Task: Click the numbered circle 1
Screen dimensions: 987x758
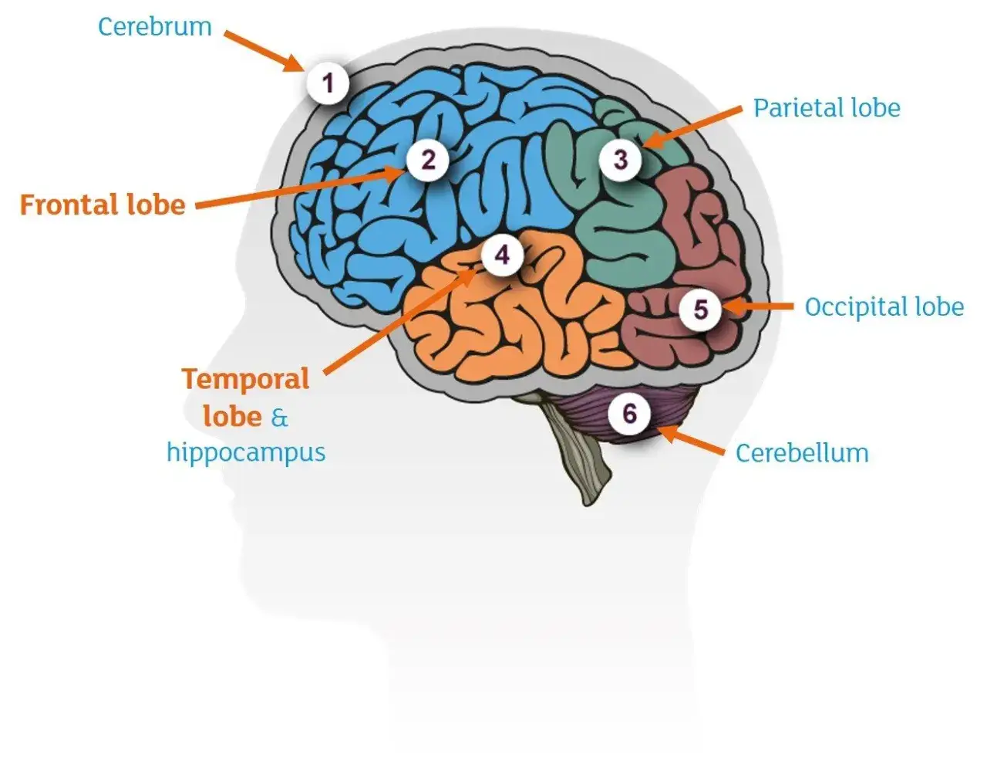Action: pos(328,83)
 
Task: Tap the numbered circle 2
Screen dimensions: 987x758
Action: pos(427,160)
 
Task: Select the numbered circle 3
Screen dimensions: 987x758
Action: pos(620,160)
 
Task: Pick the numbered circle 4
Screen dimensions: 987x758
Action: pos(502,255)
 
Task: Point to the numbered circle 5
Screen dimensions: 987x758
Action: pos(701,309)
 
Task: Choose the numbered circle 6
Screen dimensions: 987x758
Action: pos(629,413)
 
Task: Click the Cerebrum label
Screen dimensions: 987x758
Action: pos(155,27)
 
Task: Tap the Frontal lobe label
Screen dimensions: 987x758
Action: pos(103,205)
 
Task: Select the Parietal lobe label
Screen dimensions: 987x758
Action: pos(827,108)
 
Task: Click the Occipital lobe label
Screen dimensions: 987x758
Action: pos(884,306)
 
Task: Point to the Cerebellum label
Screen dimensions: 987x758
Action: pos(802,453)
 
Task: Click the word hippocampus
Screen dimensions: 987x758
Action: pos(246,453)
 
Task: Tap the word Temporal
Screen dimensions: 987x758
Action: pos(246,380)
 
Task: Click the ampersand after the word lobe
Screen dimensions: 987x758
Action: pos(279,418)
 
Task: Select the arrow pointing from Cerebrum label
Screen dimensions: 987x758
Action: pos(264,51)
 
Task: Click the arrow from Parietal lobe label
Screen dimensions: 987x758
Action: pos(692,128)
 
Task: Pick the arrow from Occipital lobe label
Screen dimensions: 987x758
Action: pos(758,306)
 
